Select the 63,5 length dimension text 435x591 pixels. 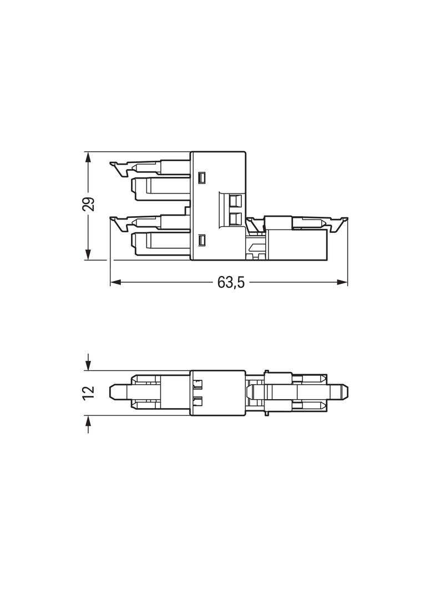tap(230, 282)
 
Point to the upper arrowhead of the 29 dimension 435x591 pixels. tap(88, 157)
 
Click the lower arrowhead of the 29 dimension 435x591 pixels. tap(88, 254)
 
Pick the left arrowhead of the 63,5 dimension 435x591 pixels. tap(115, 282)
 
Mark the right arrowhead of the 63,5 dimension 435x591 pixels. tap(342, 282)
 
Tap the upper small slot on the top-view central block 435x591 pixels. tap(202, 178)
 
